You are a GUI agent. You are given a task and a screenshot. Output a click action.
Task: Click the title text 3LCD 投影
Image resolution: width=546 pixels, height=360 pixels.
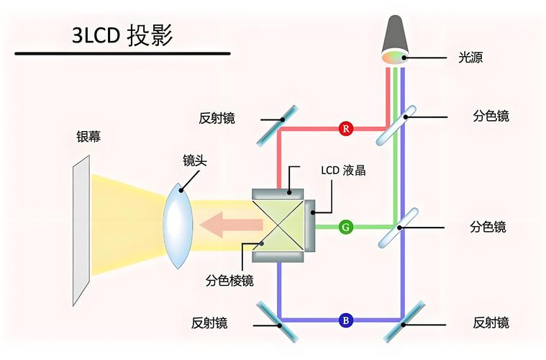pyautogui.click(x=122, y=35)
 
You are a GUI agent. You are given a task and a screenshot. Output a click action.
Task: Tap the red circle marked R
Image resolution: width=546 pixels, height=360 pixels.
pyautogui.click(x=346, y=129)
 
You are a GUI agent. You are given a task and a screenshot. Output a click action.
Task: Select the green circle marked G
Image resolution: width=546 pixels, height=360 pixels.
pyautogui.click(x=346, y=227)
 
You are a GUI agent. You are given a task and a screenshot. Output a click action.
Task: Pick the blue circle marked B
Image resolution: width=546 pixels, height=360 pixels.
pyautogui.click(x=346, y=320)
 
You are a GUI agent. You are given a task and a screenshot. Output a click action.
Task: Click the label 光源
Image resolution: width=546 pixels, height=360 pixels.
pyautogui.click(x=470, y=57)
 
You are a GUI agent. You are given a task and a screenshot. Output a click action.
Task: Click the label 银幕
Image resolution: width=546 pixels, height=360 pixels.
pyautogui.click(x=88, y=137)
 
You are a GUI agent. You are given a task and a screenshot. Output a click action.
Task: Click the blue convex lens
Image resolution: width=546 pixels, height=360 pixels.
pyautogui.click(x=177, y=225)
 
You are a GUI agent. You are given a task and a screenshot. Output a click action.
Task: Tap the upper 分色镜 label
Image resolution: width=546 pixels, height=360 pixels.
pyautogui.click(x=491, y=115)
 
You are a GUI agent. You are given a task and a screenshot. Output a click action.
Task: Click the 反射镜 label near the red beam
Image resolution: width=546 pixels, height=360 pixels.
pyautogui.click(x=217, y=117)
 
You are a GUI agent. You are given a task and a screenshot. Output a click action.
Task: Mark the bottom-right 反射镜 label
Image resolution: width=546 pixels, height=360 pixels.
pyautogui.click(x=491, y=322)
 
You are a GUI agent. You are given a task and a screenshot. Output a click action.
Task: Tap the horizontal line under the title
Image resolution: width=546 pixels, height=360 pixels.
pyautogui.click(x=122, y=53)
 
